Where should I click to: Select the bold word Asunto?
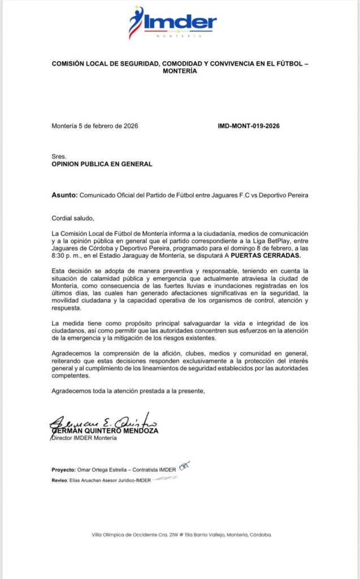pyautogui.click(x=64, y=195)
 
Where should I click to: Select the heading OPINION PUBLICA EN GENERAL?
pyautogui.click(x=102, y=164)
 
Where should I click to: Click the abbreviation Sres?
pyautogui.click(x=59, y=157)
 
